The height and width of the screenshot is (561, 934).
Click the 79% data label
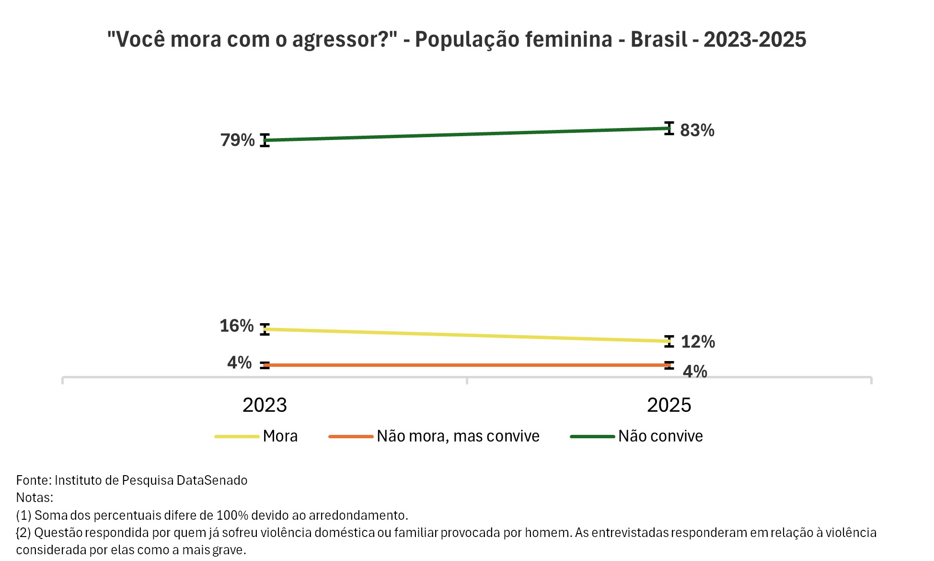tap(237, 140)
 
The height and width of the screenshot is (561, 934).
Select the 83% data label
tap(697, 130)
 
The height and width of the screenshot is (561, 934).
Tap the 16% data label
tap(237, 326)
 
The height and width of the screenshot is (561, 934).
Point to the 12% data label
tap(698, 342)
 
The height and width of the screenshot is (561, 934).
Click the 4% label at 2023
tap(239, 362)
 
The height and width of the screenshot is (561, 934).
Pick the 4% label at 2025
tap(695, 372)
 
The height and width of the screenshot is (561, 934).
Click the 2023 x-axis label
tap(265, 405)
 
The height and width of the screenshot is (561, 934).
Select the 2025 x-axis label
tap(669, 405)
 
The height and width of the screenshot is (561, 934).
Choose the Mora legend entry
tap(280, 436)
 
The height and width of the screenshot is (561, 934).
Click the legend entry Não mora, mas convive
tap(458, 436)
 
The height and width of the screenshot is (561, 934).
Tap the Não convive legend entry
tap(660, 436)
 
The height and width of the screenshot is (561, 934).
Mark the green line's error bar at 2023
tap(265, 140)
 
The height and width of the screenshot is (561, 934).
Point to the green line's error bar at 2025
tap(669, 128)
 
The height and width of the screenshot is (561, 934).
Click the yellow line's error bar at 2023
tap(265, 329)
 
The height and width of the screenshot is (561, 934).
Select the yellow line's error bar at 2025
tap(669, 341)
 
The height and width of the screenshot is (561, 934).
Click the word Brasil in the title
tap(659, 39)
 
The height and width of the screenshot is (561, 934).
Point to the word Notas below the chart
tap(34, 497)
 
